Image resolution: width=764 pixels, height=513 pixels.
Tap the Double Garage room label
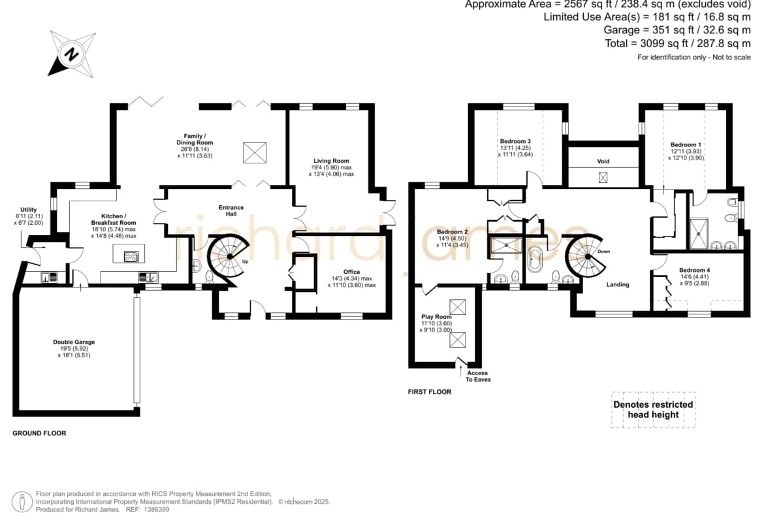pyautogui.click(x=74, y=349)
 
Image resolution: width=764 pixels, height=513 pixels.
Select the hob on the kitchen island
pyautogui.click(x=131, y=256)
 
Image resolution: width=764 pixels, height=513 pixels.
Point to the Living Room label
pyautogui.click(x=331, y=167)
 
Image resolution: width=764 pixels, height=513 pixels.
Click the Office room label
pyautogui.click(x=351, y=278)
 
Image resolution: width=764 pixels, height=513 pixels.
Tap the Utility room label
pyautogui.click(x=29, y=216)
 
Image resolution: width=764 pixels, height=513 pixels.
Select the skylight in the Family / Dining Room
pyautogui.click(x=255, y=153)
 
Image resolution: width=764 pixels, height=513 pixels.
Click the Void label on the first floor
pyautogui.click(x=603, y=161)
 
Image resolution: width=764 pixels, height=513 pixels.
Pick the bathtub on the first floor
pyautogui.click(x=535, y=259)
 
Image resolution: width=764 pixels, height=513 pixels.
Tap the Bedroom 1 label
pyautogui.click(x=686, y=151)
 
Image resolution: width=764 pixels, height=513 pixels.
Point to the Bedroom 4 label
pyautogui.click(x=694, y=276)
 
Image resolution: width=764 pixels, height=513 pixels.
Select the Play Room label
pyautogui.click(x=436, y=323)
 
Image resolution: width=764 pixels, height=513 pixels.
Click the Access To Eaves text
pyautogui.click(x=478, y=376)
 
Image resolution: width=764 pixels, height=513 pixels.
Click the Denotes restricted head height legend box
pyautogui.click(x=654, y=410)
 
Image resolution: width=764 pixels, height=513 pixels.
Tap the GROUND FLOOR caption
pyautogui.click(x=39, y=433)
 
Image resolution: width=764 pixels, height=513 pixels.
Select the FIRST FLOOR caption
pyautogui.click(x=430, y=391)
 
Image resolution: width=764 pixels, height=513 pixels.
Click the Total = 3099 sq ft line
pyautogui.click(x=678, y=43)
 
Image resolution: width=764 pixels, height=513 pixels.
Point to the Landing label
pyautogui.click(x=618, y=284)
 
